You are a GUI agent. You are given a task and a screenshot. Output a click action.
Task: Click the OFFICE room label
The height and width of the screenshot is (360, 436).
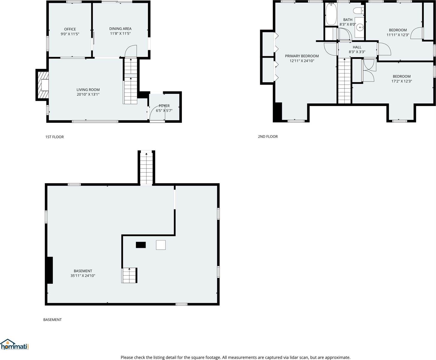pos(70,29)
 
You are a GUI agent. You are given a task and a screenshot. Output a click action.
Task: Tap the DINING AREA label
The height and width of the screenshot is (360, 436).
pos(120,29)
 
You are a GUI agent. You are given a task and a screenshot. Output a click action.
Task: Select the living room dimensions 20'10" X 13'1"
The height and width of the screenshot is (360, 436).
pos(88,94)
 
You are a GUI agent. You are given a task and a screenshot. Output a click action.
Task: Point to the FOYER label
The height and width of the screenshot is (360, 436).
pos(164,106)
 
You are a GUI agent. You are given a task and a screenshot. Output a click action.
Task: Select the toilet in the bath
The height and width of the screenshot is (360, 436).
pos(358,11)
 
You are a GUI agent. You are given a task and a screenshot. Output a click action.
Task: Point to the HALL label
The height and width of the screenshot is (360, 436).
pos(357,47)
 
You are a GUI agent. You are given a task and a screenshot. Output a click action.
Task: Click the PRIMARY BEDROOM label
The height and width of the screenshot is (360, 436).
pos(302,56)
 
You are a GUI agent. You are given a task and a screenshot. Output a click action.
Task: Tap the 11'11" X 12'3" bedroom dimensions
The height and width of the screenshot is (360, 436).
pos(398,35)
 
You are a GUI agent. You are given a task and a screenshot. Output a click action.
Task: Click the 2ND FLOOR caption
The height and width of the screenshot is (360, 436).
pos(268,136)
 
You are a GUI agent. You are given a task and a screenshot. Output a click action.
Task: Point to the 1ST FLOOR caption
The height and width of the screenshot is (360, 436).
pos(54,137)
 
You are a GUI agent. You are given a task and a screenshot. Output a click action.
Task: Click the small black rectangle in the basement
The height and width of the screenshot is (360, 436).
pos(141,245)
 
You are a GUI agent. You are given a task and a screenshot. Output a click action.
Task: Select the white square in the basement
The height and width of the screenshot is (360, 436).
pos(161,245)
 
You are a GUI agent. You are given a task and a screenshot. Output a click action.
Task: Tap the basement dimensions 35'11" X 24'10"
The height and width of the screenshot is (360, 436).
pos(83,276)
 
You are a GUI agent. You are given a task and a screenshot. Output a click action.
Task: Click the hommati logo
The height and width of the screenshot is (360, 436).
pos(15,345)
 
